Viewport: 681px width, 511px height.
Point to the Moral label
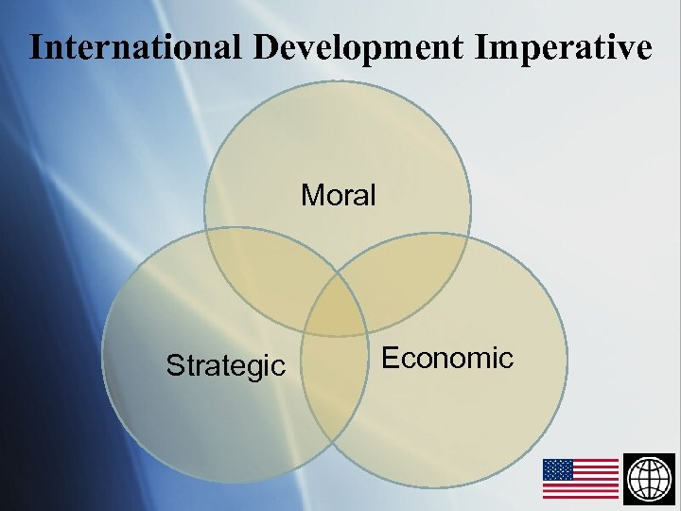click(339, 196)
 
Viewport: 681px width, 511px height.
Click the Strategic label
click(225, 365)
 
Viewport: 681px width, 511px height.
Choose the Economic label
click(446, 358)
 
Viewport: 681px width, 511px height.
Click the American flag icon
click(581, 478)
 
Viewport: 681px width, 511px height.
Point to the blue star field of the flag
click(558, 469)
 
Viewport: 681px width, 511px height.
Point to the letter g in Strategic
click(256, 368)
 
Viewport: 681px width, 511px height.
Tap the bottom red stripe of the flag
click(581, 495)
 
